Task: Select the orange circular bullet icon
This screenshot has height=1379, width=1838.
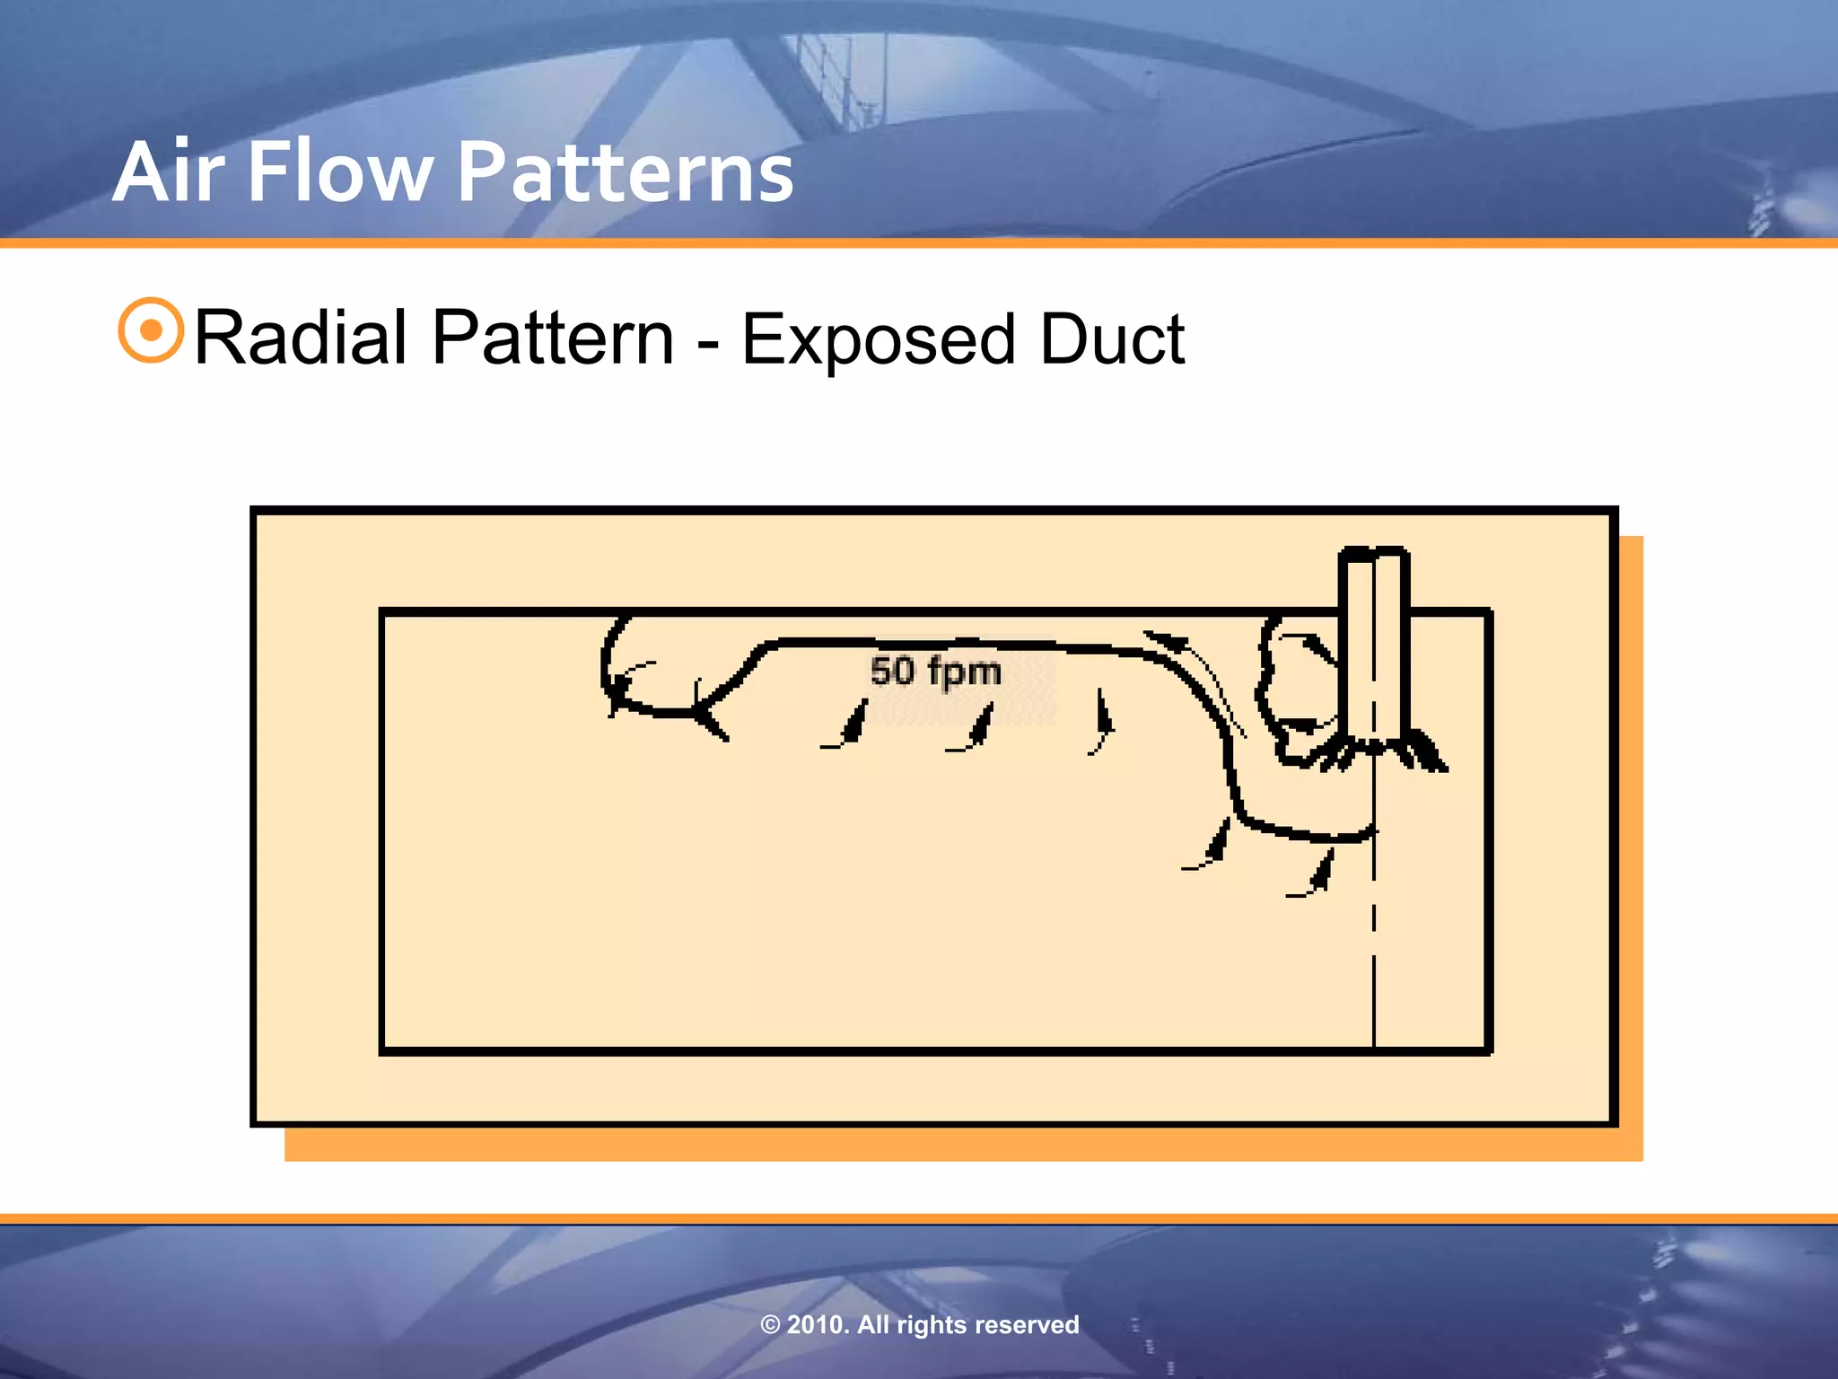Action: pos(151,330)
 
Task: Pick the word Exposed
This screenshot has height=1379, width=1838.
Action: pos(878,339)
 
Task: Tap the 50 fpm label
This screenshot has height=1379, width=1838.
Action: pos(935,671)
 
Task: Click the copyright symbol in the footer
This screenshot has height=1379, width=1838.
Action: pos(770,1325)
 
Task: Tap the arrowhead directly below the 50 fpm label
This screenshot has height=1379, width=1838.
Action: pos(981,725)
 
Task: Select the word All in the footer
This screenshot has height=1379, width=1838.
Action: pos(874,1324)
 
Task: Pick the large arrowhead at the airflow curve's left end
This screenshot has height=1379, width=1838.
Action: pos(709,717)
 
